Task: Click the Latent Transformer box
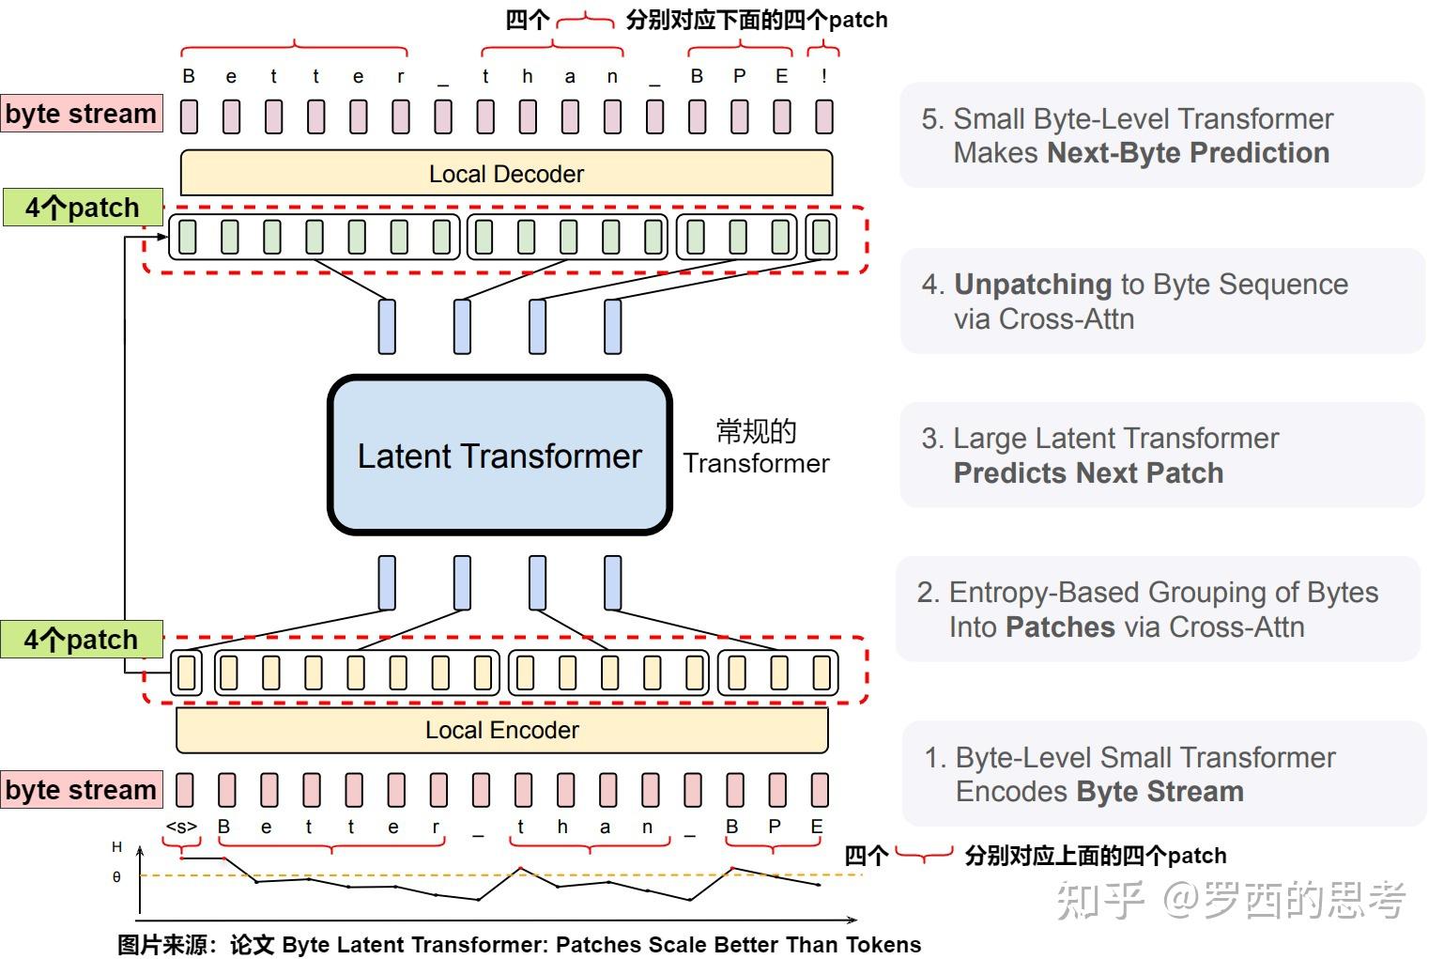tap(499, 456)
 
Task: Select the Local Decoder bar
tap(506, 174)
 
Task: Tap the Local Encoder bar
tap(501, 730)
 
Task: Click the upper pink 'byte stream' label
tap(81, 114)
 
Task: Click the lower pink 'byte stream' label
tap(81, 790)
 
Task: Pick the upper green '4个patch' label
tap(82, 208)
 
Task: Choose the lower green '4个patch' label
tap(81, 640)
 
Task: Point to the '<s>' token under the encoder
tap(181, 828)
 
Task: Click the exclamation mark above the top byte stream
tap(823, 77)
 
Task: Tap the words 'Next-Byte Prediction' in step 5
tap(1188, 153)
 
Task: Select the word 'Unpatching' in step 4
tap(1033, 285)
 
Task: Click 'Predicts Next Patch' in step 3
tap(1088, 472)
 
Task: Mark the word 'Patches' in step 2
tap(1060, 626)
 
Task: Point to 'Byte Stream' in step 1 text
tap(1160, 792)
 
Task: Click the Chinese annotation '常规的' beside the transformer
tap(756, 432)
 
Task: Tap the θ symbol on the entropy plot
tap(116, 877)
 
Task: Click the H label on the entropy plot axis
tap(116, 847)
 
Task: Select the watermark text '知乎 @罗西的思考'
tap(1231, 900)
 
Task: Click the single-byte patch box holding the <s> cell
tap(186, 673)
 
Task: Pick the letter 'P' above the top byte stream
tap(739, 77)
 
